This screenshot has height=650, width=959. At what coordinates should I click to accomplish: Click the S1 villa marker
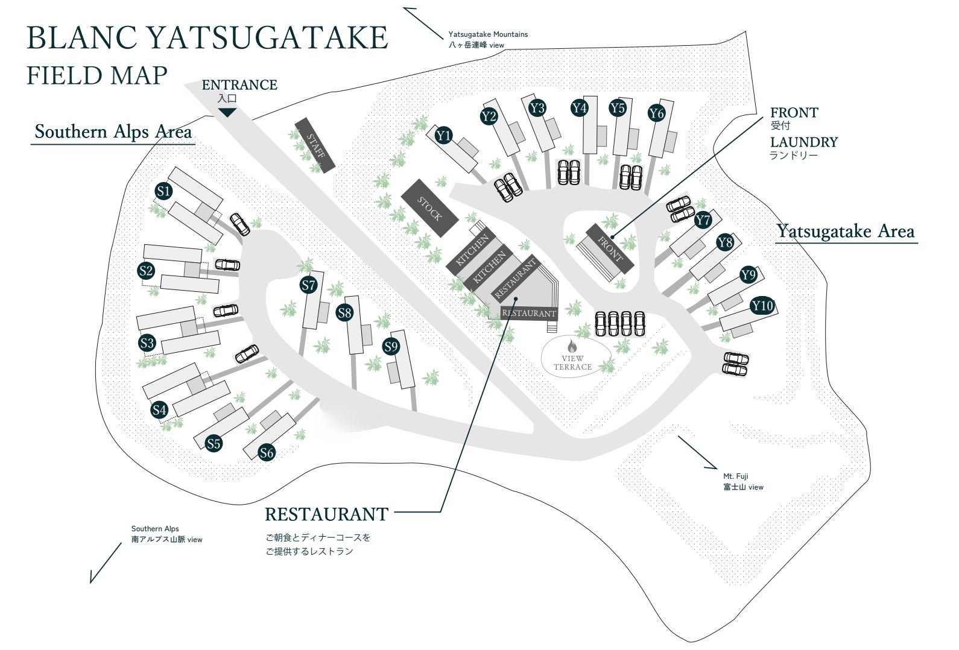tap(163, 192)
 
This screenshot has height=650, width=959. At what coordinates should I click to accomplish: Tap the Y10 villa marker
tap(762, 306)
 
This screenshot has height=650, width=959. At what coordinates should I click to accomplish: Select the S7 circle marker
tap(309, 285)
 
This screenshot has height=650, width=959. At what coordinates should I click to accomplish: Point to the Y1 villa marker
tap(444, 136)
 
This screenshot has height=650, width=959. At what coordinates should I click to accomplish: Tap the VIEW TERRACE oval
tap(574, 357)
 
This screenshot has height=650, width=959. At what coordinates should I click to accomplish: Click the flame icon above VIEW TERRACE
tap(572, 346)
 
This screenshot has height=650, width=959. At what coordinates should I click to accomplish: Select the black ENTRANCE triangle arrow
tap(227, 112)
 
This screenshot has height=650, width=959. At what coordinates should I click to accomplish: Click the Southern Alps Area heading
tap(113, 131)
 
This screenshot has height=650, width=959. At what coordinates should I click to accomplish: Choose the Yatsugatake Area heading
tap(845, 231)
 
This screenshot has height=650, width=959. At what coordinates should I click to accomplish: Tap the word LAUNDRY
tap(803, 142)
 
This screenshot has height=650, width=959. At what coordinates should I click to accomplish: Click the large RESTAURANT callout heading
tap(326, 514)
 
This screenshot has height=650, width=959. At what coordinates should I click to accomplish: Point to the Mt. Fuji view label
tap(743, 482)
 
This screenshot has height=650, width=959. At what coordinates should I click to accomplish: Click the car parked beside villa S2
tap(227, 265)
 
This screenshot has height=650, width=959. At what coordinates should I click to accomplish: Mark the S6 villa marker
tap(267, 452)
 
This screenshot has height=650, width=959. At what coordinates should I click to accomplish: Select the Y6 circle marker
tap(656, 113)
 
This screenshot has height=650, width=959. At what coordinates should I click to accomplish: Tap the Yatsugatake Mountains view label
tap(487, 40)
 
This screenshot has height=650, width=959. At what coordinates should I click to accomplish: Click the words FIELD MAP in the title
tap(97, 76)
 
